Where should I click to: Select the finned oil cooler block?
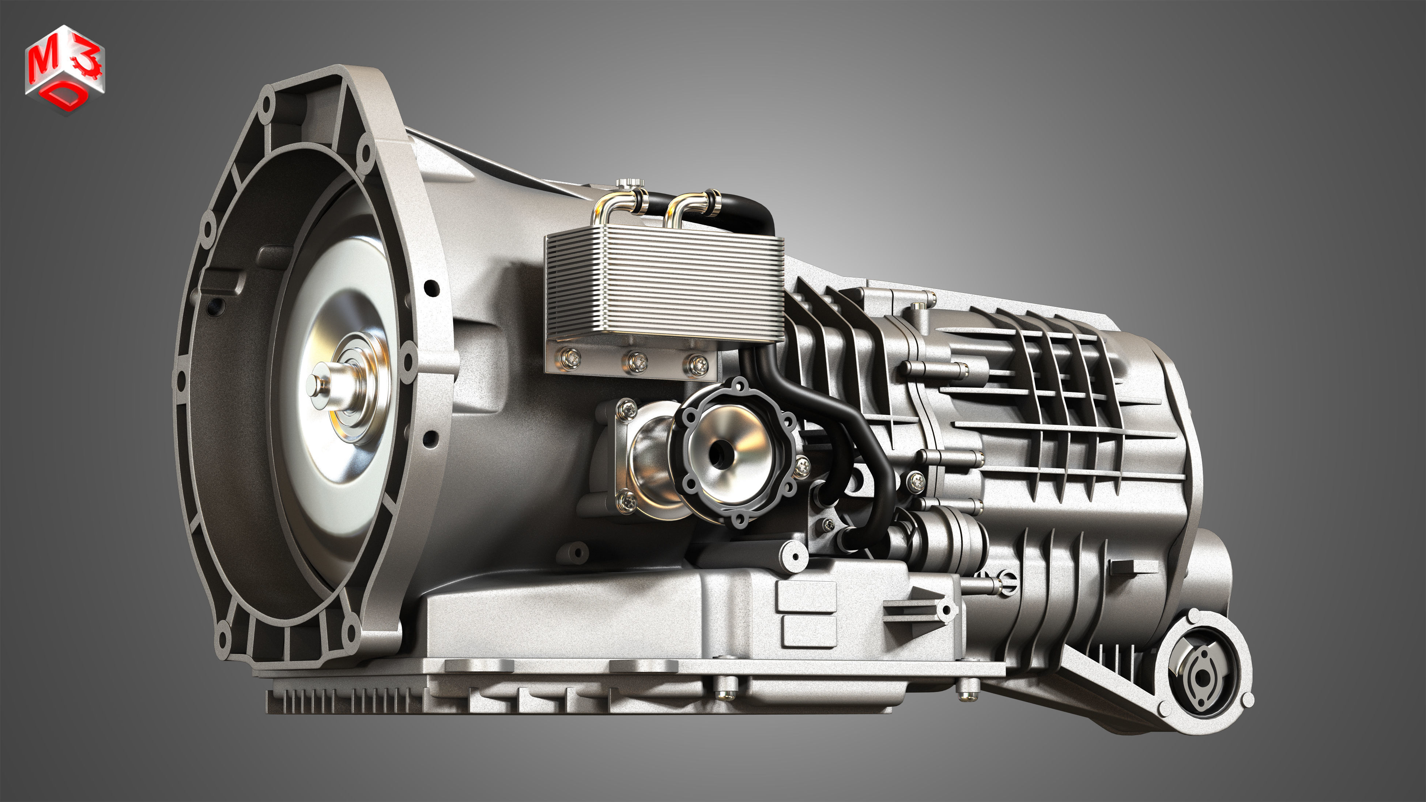click(x=664, y=288)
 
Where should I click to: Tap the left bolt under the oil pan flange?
click(x=725, y=691)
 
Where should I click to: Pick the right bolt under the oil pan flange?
click(x=967, y=691)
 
